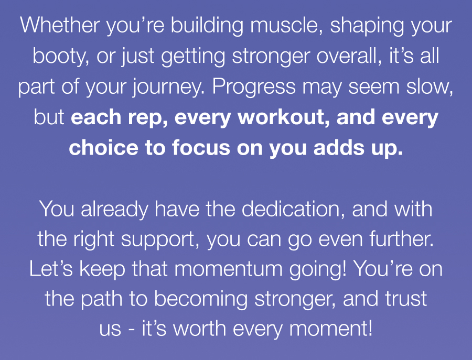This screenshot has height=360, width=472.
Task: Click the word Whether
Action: pyautogui.click(x=60, y=25)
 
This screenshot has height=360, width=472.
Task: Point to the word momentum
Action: pyautogui.click(x=229, y=269)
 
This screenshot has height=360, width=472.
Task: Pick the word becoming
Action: pyautogui.click(x=201, y=300)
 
